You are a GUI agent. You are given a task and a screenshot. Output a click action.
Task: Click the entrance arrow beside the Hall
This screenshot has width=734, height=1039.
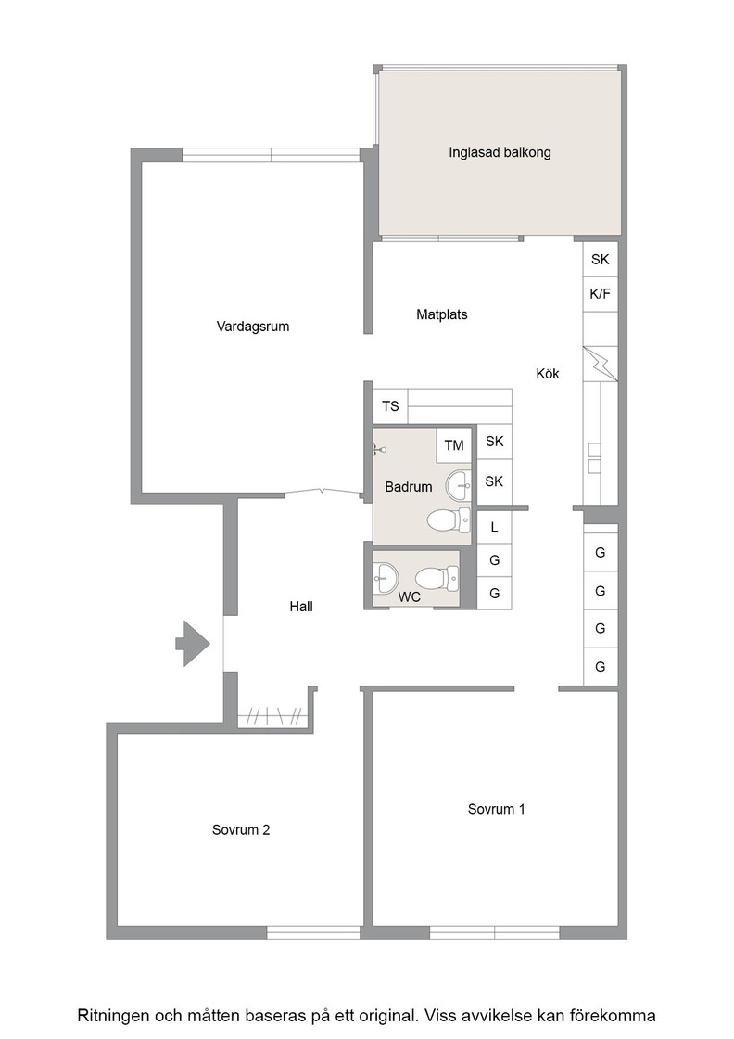click(193, 644)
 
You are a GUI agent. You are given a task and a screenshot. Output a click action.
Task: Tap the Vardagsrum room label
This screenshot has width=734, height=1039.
click(253, 326)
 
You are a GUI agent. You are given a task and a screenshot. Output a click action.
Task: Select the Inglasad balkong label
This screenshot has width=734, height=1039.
click(500, 152)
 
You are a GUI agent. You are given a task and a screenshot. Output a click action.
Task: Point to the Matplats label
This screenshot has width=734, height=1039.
click(441, 314)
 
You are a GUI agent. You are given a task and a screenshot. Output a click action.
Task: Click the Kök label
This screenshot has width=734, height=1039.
click(548, 374)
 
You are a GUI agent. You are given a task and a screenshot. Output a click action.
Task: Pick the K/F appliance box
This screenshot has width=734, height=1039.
click(601, 293)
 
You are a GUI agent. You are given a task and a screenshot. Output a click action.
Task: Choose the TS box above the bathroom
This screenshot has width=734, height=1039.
click(390, 406)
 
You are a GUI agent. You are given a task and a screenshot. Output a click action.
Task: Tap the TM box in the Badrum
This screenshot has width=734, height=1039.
click(454, 445)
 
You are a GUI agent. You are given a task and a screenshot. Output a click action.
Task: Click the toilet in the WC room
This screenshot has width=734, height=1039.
click(437, 579)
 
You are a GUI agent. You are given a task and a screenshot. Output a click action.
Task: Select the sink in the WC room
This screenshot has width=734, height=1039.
click(385, 578)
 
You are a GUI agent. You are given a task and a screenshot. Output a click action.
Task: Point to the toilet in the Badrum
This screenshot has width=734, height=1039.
click(449, 520)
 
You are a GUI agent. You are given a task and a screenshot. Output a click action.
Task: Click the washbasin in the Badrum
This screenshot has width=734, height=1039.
click(459, 486)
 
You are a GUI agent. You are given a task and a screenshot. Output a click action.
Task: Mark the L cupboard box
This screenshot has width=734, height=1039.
click(494, 528)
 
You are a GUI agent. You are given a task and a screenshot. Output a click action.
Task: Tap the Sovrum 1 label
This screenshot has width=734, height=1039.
click(497, 809)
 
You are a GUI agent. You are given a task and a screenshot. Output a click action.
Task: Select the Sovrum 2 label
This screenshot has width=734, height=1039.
click(241, 830)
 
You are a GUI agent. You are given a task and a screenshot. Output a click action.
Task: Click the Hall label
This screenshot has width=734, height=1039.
click(301, 607)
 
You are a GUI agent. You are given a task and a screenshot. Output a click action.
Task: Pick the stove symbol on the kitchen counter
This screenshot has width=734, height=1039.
click(601, 364)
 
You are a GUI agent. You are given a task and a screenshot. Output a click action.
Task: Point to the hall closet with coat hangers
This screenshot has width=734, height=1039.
click(274, 715)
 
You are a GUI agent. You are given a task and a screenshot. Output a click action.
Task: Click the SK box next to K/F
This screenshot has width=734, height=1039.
click(601, 259)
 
